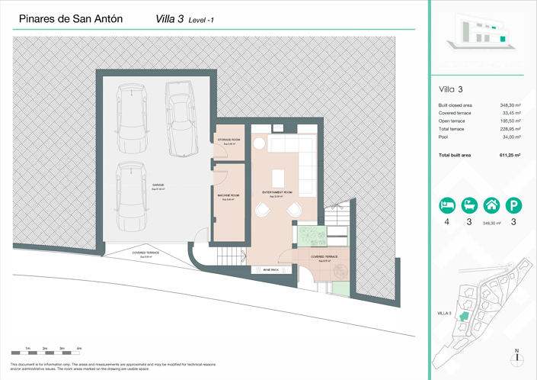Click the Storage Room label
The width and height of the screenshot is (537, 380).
click(x=229, y=141)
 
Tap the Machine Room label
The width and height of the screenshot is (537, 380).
click(x=229, y=197)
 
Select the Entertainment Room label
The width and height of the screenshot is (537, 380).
click(x=277, y=193)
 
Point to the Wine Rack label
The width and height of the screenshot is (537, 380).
click(x=270, y=270)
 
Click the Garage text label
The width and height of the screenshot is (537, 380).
click(x=158, y=185)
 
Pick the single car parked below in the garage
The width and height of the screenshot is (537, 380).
click(x=131, y=196)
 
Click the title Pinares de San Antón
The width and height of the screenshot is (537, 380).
click(x=70, y=19)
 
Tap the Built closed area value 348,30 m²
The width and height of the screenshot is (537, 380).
click(x=510, y=105)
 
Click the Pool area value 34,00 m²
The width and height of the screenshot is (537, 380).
click(x=511, y=137)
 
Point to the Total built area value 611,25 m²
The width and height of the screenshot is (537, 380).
click(x=509, y=155)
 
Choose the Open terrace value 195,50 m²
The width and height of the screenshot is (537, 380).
click(x=510, y=121)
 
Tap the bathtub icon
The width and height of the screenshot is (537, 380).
click(x=470, y=205)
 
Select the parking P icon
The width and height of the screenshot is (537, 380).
click(x=514, y=205)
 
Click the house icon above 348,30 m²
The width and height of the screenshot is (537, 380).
click(x=492, y=205)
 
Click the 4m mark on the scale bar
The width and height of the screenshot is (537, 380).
click(x=79, y=349)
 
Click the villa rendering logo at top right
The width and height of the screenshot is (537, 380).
click(x=477, y=34)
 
